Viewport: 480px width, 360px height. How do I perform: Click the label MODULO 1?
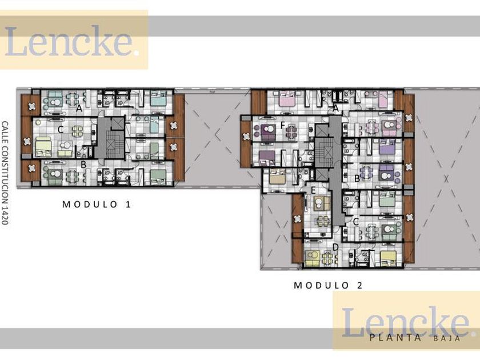(97, 204)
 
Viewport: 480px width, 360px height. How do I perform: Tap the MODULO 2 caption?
(328, 285)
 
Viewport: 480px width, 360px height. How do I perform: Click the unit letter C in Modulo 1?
(61, 130)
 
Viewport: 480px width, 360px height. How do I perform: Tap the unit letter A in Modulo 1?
(79, 109)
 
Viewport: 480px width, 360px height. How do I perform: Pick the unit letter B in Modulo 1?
(83, 165)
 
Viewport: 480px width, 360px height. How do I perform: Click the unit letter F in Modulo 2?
(282, 126)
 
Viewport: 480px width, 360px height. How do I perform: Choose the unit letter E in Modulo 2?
(313, 190)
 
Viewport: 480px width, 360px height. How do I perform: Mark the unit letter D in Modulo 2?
(335, 247)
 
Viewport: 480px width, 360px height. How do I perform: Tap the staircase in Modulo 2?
(324, 152)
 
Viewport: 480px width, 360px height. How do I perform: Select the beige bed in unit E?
(277, 177)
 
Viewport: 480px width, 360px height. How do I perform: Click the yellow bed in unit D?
(388, 258)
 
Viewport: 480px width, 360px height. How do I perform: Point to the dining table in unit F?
(291, 131)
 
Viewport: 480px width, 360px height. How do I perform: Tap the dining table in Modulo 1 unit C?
(78, 131)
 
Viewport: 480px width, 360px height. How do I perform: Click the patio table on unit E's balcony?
(297, 218)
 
